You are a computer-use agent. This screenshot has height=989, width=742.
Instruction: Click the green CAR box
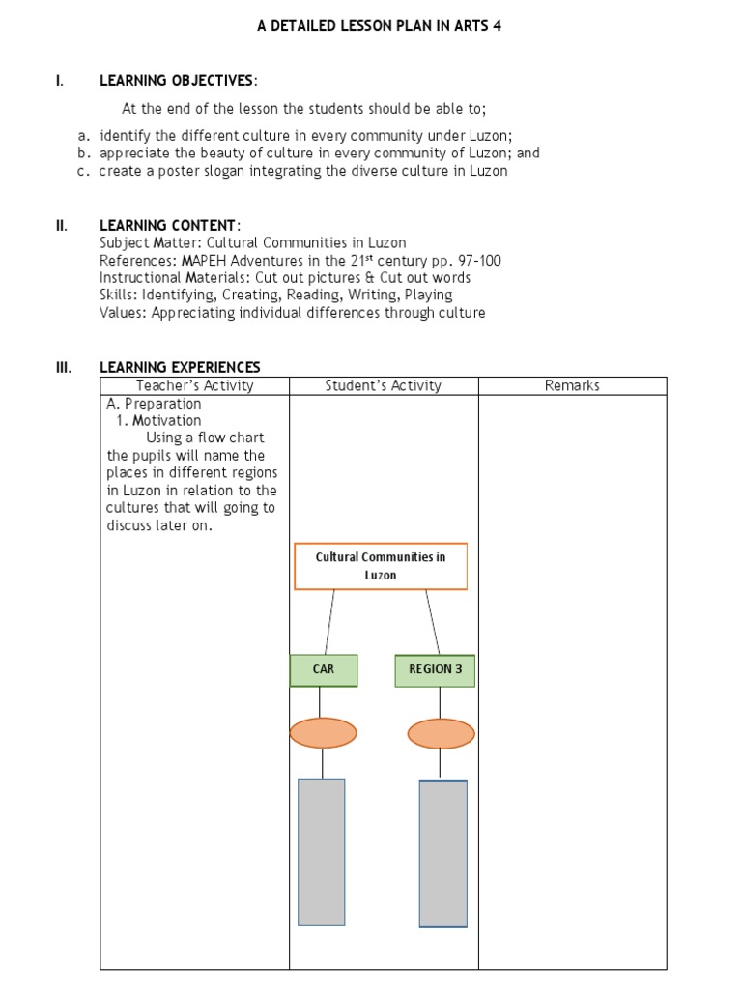(x=324, y=670)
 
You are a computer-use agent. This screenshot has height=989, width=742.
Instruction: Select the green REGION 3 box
(x=435, y=670)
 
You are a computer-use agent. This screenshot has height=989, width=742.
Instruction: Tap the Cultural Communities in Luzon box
(x=380, y=566)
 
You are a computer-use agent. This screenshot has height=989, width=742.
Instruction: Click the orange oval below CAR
(x=323, y=733)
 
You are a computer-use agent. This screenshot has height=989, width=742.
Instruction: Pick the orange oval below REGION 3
(x=441, y=734)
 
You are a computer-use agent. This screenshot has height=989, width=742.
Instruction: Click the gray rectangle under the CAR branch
(x=322, y=852)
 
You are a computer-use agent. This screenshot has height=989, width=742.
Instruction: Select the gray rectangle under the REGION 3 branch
(x=442, y=854)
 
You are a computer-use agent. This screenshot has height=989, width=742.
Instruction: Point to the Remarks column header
(x=572, y=385)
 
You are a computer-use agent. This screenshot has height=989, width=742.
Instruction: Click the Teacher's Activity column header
(x=194, y=385)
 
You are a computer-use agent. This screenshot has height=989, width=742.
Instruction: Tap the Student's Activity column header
(x=383, y=385)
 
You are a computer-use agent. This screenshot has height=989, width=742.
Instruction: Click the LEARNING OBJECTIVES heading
(x=178, y=80)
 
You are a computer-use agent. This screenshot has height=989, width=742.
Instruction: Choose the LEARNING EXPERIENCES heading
(x=180, y=367)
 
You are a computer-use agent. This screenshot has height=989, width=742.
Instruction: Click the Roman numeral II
(x=60, y=225)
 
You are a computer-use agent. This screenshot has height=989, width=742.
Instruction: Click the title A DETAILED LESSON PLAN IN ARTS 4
(x=379, y=26)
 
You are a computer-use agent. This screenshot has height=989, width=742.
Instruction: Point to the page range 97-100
(x=472, y=261)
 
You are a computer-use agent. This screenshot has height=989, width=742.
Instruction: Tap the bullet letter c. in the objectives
(x=84, y=171)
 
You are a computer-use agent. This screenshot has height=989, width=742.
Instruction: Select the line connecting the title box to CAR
(x=329, y=622)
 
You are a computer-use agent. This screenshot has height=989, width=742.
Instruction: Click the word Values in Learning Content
(x=119, y=313)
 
